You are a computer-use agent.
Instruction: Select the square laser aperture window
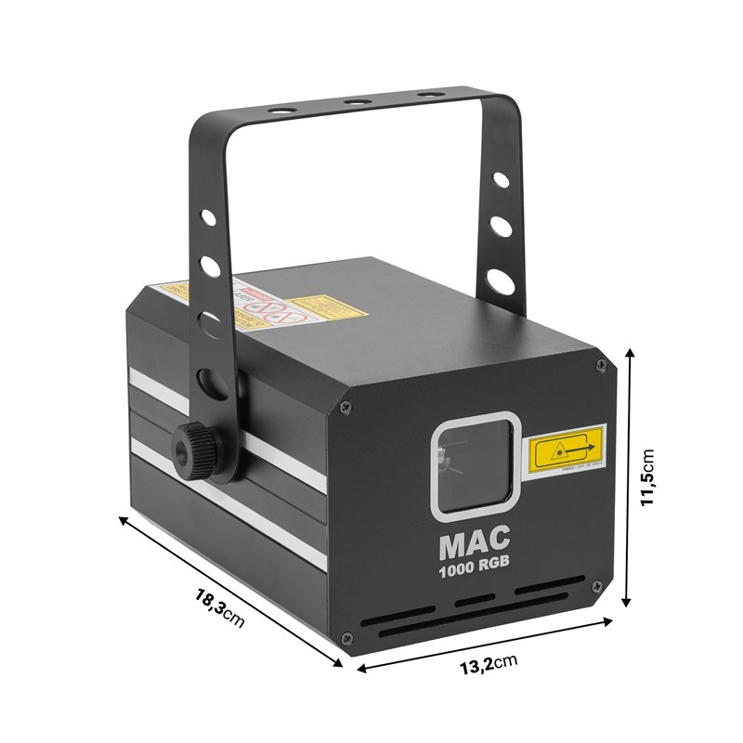pos(475,461)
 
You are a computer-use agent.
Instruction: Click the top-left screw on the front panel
pos(345,406)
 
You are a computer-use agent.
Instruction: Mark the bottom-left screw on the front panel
pos(346,637)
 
